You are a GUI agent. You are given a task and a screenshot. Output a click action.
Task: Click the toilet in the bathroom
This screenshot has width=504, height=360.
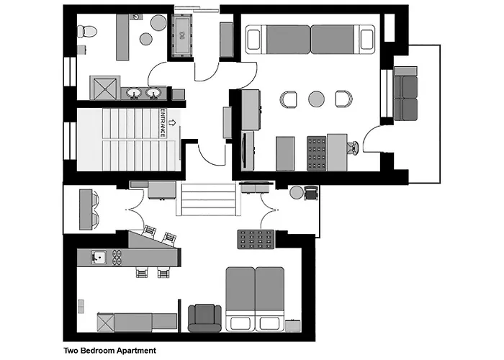[86, 32]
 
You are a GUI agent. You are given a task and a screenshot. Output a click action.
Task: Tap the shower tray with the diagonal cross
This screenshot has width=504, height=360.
[105, 88]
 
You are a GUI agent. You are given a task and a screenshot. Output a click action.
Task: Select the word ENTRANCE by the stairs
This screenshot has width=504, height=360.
[163, 123]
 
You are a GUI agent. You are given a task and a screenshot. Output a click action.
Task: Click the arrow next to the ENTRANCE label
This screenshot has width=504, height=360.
[173, 122]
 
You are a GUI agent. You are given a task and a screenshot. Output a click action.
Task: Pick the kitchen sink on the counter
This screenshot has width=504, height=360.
[99, 257]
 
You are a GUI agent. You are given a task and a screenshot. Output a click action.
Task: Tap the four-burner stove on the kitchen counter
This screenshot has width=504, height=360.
[117, 257]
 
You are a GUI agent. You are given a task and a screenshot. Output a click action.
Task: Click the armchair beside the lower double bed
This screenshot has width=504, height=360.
[204, 318]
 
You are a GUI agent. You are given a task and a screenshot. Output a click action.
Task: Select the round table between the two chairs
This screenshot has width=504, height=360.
[316, 99]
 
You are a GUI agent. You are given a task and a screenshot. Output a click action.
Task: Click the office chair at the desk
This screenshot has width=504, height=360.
[353, 148]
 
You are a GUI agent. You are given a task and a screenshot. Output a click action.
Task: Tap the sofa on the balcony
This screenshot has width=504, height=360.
[405, 94]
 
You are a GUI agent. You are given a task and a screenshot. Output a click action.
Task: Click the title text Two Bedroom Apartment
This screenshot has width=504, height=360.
[110, 351]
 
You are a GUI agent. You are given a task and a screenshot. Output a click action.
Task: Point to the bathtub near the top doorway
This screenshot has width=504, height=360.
[182, 35]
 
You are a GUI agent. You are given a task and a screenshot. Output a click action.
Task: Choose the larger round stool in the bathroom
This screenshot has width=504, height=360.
[158, 22]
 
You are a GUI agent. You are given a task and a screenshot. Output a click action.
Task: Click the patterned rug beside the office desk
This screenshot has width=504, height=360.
[317, 153]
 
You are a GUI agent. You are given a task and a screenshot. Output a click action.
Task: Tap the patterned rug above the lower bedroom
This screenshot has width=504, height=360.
[256, 239]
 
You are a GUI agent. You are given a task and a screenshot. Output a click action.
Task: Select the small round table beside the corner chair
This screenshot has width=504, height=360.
[297, 192]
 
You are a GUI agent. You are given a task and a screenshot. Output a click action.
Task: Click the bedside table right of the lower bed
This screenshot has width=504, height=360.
[293, 325]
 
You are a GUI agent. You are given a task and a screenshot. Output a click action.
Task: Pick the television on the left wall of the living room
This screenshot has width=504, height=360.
[246, 150]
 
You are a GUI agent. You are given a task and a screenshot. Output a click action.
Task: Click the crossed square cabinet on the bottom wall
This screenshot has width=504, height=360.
[106, 323]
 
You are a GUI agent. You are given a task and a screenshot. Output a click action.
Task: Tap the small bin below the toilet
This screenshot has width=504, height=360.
[81, 50]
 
